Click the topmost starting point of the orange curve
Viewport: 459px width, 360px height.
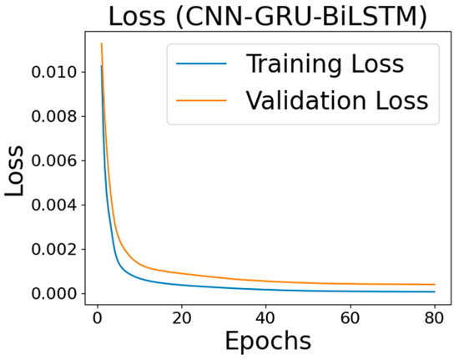[x=101, y=43]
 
